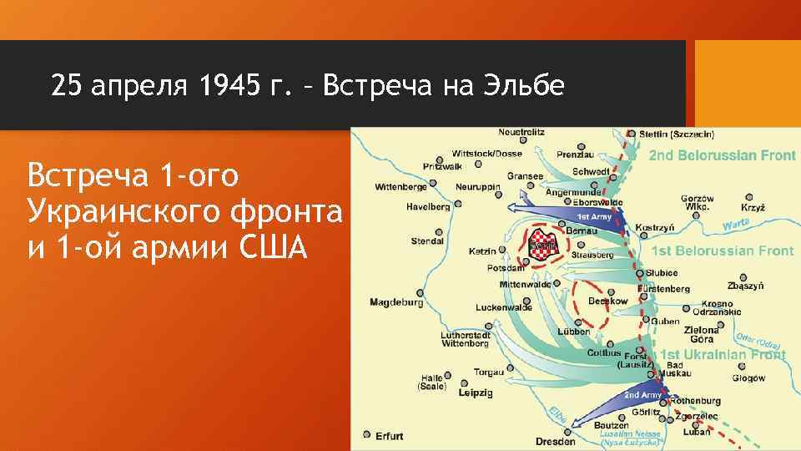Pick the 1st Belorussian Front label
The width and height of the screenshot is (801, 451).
pos(723,251)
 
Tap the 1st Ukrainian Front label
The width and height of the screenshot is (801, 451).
pos(723,355)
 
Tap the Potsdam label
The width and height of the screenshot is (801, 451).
pos(506,268)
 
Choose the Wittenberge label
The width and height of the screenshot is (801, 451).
pos(398,186)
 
